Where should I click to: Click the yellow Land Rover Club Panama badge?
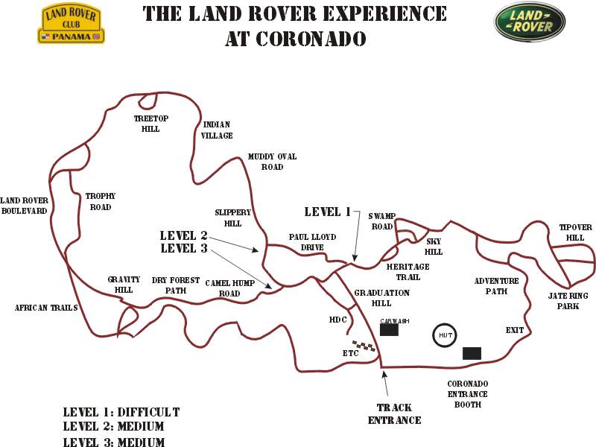pyautogui.click(x=71, y=24)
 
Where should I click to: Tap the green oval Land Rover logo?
pyautogui.click(x=530, y=22)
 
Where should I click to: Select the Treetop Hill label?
pyautogui.click(x=151, y=124)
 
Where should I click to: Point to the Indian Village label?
pyautogui.click(x=217, y=130)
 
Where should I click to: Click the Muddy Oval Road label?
pyautogui.click(x=272, y=162)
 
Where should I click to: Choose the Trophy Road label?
pyautogui.click(x=101, y=201)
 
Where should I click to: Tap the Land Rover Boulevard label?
pyautogui.click(x=24, y=206)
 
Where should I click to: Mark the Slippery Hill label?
pyautogui.click(x=232, y=218)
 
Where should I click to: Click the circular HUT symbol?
pyautogui.click(x=445, y=335)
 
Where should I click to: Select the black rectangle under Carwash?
pyautogui.click(x=389, y=329)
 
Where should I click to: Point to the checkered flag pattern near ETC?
pyautogui.click(x=364, y=346)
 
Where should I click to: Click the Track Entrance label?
pyautogui.click(x=395, y=414)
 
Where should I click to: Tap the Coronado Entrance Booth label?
pyautogui.click(x=468, y=394)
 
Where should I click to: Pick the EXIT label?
pyautogui.click(x=515, y=330)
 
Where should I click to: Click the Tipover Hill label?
pyautogui.click(x=575, y=232)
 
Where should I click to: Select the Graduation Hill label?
pyautogui.click(x=381, y=298)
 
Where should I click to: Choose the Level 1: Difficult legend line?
pyautogui.click(x=121, y=412)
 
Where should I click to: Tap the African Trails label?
pyautogui.click(x=46, y=308)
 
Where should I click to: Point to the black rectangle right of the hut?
pyautogui.click(x=472, y=353)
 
